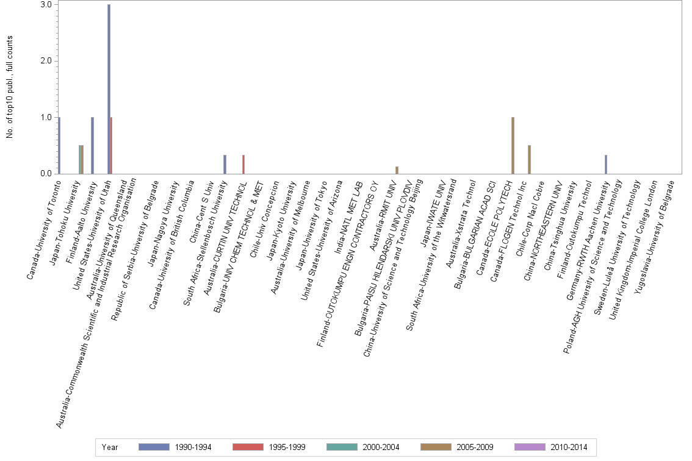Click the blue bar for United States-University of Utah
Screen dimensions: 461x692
tap(109, 89)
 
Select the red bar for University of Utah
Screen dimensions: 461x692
tap(111, 145)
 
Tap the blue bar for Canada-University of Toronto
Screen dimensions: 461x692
tap(59, 145)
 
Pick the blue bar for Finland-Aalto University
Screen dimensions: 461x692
tap(92, 145)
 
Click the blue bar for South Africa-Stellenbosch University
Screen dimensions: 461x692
tap(225, 165)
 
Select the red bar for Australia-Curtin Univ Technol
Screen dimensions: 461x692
tap(243, 165)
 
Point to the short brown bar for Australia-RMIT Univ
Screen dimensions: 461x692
tap(397, 170)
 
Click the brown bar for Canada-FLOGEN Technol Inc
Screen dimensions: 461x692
tap(529, 160)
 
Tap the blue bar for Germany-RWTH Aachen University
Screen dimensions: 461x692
tap(605, 165)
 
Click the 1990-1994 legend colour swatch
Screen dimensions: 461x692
tap(154, 447)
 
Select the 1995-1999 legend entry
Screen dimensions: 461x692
tap(248, 447)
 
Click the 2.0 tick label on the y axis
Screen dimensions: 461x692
tap(46, 61)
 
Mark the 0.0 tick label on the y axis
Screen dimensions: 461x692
tap(46, 174)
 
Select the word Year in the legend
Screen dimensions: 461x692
tap(110, 447)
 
